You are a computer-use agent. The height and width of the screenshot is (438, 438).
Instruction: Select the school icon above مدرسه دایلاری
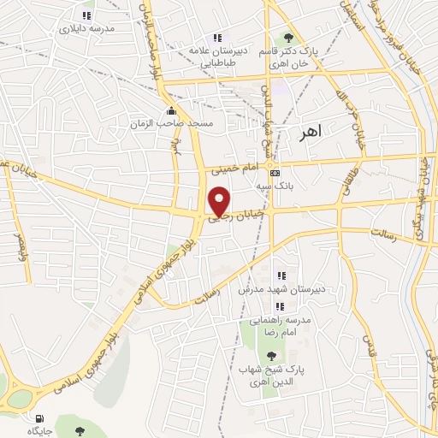point(86,15)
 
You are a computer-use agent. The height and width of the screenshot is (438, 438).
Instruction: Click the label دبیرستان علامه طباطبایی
point(217,55)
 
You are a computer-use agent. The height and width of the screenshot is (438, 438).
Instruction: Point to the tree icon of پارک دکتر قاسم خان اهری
point(287,38)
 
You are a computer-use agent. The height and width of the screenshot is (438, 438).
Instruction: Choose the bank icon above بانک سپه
point(274,171)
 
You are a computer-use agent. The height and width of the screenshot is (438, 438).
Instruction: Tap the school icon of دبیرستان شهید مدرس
point(280,275)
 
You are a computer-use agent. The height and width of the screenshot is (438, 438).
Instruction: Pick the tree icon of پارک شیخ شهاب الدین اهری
point(271,353)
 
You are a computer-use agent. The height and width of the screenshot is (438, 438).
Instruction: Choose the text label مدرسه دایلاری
point(86,29)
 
